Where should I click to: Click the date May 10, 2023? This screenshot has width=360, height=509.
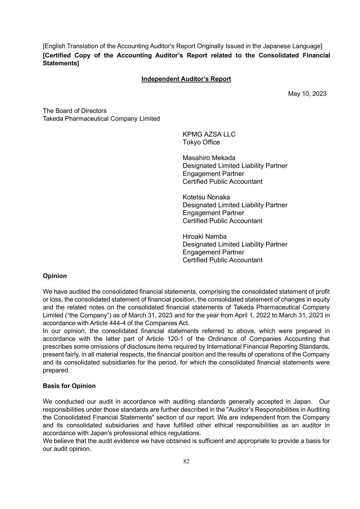[307, 94]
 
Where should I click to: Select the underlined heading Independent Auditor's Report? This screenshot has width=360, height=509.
[186, 79]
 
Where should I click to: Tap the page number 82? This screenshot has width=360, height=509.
[186, 461]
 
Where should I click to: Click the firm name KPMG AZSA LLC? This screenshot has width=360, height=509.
[209, 134]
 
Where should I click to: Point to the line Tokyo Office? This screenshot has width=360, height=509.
[201, 142]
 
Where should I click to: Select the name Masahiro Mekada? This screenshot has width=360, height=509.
[209, 158]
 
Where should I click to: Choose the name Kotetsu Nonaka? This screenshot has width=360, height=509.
[206, 197]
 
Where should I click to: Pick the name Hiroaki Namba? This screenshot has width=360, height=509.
[204, 236]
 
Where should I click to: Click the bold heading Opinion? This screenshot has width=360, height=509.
[55, 276]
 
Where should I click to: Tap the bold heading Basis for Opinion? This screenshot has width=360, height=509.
[69, 386]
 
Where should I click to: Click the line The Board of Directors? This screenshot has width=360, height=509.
[75, 111]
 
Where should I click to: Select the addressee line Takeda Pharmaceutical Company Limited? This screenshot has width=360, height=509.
[101, 119]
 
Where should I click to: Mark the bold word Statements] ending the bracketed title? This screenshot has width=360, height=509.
[61, 63]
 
